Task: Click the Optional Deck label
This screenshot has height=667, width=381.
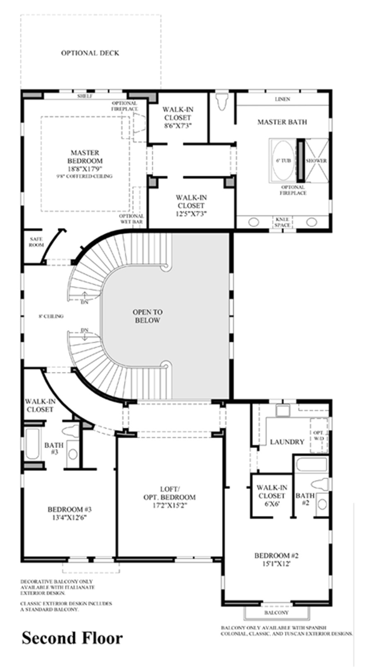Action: pyautogui.click(x=90, y=53)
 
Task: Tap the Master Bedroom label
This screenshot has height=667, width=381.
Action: pyautogui.click(x=84, y=157)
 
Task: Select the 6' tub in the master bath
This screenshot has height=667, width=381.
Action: pyautogui.click(x=281, y=160)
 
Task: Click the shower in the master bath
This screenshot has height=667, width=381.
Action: pyautogui.click(x=316, y=160)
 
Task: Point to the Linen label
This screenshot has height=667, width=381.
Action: pyautogui.click(x=282, y=99)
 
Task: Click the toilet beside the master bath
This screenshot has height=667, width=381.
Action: pyautogui.click(x=222, y=101)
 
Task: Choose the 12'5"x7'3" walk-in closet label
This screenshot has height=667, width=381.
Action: pyautogui.click(x=191, y=206)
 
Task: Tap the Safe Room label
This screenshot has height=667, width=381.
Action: pyautogui.click(x=36, y=242)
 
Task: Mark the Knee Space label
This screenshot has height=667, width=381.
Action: pyautogui.click(x=282, y=222)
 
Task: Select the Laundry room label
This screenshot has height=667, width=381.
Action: pyautogui.click(x=287, y=442)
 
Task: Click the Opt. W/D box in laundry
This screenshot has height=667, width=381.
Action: pyautogui.click(x=318, y=435)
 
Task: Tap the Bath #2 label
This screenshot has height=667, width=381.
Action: pyautogui.click(x=305, y=499)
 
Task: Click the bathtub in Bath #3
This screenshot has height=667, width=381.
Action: pyautogui.click(x=32, y=444)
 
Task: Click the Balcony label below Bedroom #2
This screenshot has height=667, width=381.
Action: pyautogui.click(x=276, y=612)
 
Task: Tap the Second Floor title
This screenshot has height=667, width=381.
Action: pyautogui.click(x=72, y=638)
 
